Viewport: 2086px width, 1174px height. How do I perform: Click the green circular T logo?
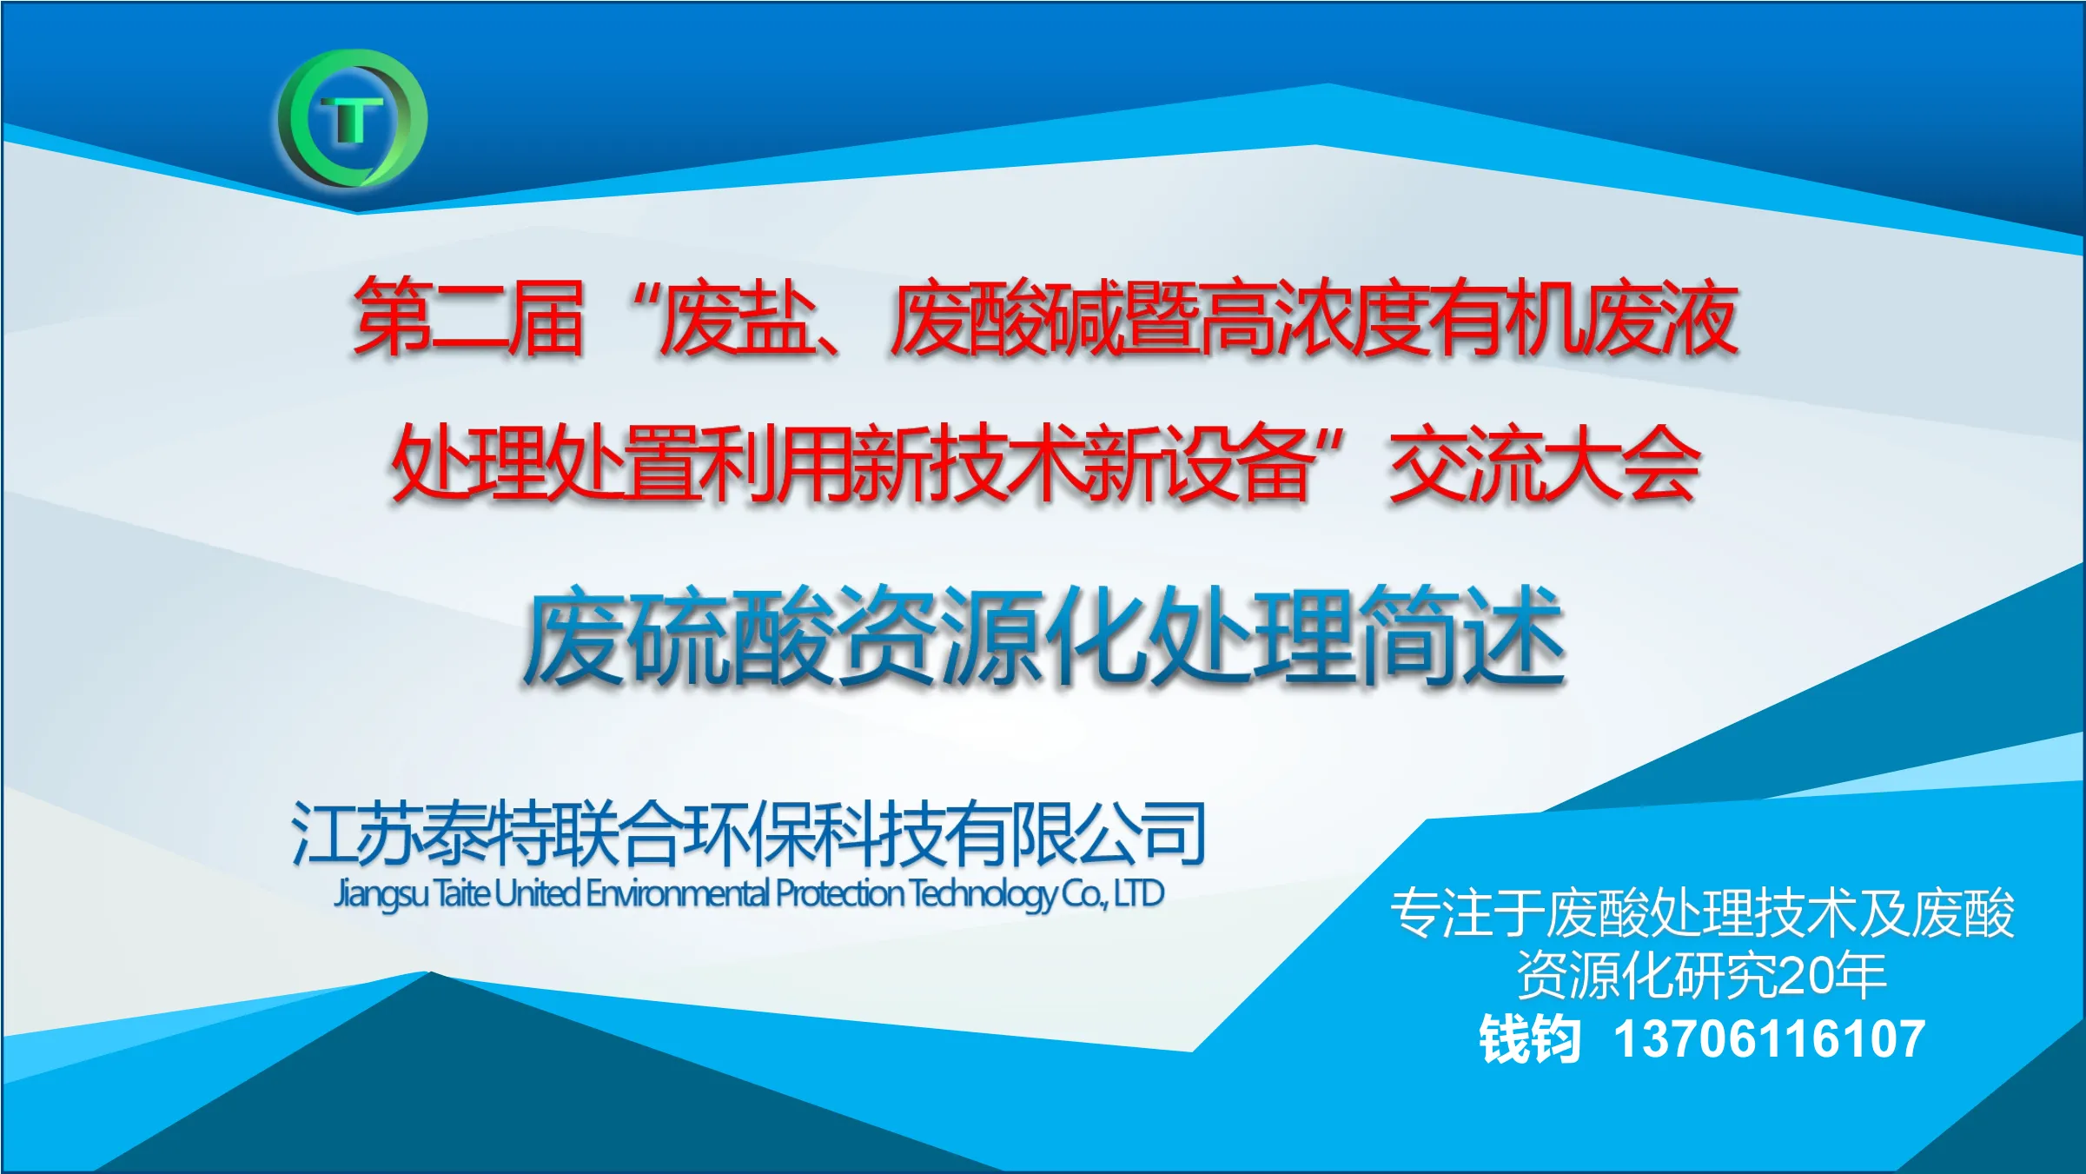[x=353, y=118]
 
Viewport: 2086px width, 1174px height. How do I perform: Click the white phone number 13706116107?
[x=1769, y=1038]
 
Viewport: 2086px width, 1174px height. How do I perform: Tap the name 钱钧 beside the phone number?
[x=1530, y=1038]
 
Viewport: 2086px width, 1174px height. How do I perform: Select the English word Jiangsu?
[x=381, y=894]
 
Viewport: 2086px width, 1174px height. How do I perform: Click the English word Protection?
[x=840, y=893]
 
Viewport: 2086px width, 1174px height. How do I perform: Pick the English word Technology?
[x=983, y=895]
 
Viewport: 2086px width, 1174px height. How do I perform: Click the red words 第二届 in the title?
[x=467, y=317]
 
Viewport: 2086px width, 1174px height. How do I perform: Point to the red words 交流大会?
[x=1544, y=462]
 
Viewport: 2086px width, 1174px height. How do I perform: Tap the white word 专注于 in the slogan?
[x=1467, y=913]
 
